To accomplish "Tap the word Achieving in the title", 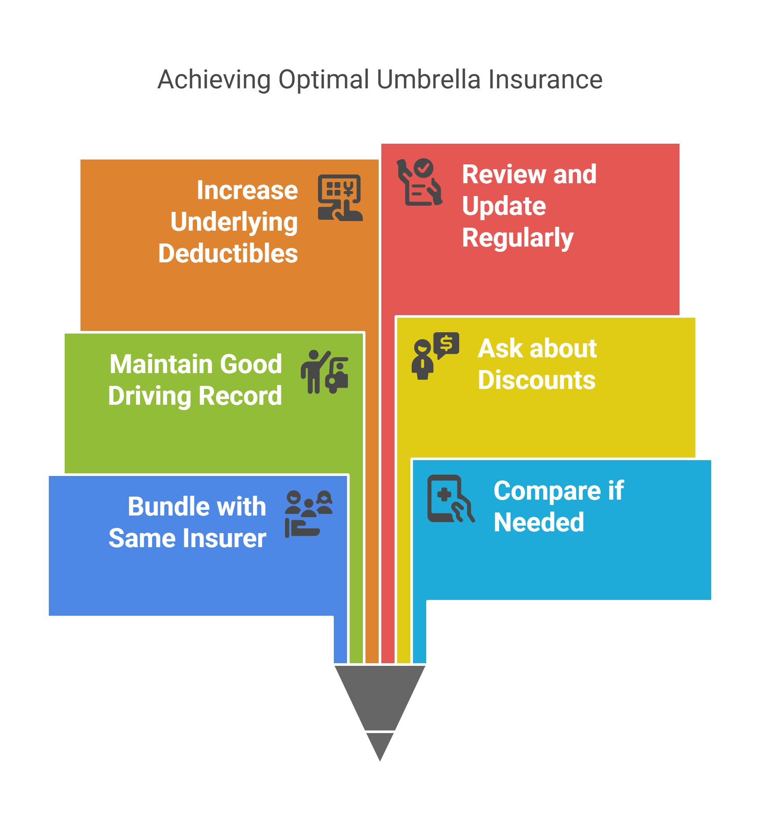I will [x=214, y=80].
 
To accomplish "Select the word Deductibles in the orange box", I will [x=228, y=254].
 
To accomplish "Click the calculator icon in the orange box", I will [x=340, y=198].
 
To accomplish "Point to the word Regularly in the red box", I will [x=518, y=238].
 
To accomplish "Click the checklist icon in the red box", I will [x=419, y=182].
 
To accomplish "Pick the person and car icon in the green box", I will [x=325, y=372].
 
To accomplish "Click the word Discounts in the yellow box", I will [x=537, y=380].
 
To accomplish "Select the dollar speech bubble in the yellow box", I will [x=446, y=344].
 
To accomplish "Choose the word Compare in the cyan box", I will [x=547, y=491].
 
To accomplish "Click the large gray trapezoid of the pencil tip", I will [x=380, y=695].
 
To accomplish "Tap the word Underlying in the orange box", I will [x=234, y=222].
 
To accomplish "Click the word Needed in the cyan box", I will [x=539, y=523].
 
